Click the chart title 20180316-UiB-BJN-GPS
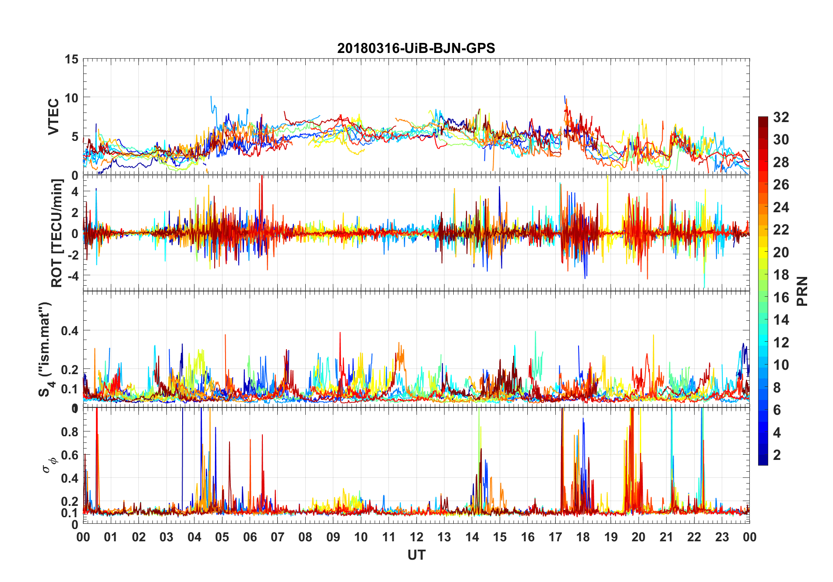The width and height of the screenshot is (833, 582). coord(416,48)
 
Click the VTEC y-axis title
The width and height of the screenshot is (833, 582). coord(53,117)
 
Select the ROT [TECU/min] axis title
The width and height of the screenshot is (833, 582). coord(57,233)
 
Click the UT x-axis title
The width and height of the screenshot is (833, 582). coord(416,555)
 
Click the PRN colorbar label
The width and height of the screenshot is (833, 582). coord(802,291)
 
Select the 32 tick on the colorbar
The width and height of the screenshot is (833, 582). coord(781,117)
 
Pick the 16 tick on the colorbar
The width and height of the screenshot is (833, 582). coord(781,298)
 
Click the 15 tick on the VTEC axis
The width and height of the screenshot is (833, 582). coord(71,60)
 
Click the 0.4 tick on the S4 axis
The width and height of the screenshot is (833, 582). coord(70,331)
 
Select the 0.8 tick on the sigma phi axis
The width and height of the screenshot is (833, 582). coord(70,432)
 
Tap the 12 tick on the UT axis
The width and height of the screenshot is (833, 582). coord(416,537)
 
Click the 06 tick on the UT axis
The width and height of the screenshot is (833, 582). coord(250,537)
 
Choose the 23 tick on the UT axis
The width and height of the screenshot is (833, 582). coord(722,537)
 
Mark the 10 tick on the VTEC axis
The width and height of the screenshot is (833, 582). coord(71,98)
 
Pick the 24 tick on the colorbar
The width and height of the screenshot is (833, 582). coord(781,207)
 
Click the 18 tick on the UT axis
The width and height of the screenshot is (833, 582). coord(583,537)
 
